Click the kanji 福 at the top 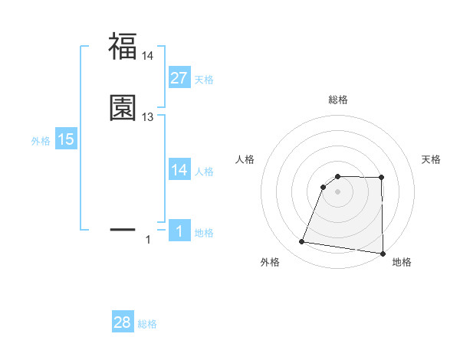(x=123, y=47)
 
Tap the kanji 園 (x=123, y=108)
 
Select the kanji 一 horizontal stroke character (x=123, y=228)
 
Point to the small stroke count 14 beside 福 (x=148, y=56)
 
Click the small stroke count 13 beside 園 (x=148, y=117)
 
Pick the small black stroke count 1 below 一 (x=148, y=241)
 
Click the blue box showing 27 (x=179, y=78)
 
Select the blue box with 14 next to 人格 (x=179, y=170)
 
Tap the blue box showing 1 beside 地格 (x=179, y=232)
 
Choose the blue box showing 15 (x=66, y=139)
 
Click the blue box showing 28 (x=123, y=323)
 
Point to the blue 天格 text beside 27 (x=204, y=80)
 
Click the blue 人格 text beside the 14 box (x=204, y=172)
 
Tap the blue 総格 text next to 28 (x=147, y=325)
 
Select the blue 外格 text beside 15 (x=41, y=141)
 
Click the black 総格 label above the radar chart (x=338, y=100)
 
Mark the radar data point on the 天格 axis (x=382, y=177)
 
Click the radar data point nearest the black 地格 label (x=382, y=254)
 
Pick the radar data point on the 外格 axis (x=301, y=242)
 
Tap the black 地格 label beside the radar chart (x=402, y=263)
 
